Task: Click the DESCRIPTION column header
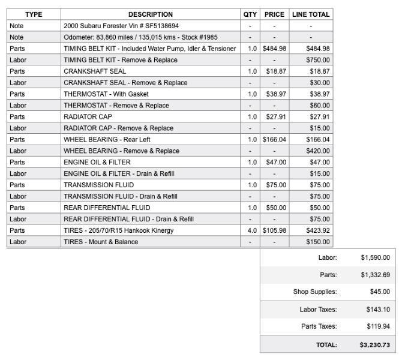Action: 150,14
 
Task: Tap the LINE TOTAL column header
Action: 311,14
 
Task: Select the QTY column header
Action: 250,14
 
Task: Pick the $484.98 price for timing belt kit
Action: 274,49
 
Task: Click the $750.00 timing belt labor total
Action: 317,60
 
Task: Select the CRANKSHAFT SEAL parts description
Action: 95,71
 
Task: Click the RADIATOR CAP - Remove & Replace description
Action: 118,128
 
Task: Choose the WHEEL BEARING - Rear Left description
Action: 107,140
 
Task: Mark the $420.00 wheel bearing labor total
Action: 317,151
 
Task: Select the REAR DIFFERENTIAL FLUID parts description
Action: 107,208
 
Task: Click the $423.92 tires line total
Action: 317,230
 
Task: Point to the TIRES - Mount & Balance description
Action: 101,242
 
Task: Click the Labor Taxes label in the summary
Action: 318,310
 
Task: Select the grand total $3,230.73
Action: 374,345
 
